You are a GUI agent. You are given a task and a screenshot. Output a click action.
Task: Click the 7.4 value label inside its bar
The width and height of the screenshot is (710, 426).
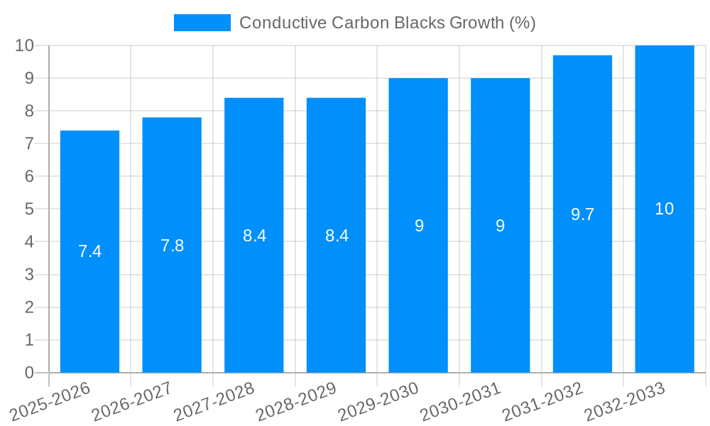pyautogui.click(x=89, y=251)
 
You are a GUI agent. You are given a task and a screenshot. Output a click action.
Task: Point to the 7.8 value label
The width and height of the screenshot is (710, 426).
pyautogui.click(x=172, y=246)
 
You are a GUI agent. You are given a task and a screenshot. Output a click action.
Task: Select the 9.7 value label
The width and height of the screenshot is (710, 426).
pyautogui.click(x=582, y=214)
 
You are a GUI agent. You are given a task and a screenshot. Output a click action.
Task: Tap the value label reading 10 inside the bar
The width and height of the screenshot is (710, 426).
pyautogui.click(x=664, y=209)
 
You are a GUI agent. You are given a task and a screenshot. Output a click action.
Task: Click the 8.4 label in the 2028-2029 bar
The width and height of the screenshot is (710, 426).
pyautogui.click(x=337, y=236)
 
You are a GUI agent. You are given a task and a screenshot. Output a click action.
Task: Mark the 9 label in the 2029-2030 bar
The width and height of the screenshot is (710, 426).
pyautogui.click(x=419, y=226)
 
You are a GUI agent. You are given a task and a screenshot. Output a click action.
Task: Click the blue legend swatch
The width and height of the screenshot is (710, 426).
pyautogui.click(x=202, y=23)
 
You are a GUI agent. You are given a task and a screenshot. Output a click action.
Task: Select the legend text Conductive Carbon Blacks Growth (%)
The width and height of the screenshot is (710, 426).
pyautogui.click(x=387, y=23)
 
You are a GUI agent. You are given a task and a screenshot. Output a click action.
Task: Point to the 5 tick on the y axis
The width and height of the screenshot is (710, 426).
pyautogui.click(x=29, y=209)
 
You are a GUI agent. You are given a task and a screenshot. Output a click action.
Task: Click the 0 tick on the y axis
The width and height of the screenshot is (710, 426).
pyautogui.click(x=29, y=373)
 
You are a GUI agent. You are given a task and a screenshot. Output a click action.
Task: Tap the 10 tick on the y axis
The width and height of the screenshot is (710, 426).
pyautogui.click(x=25, y=45)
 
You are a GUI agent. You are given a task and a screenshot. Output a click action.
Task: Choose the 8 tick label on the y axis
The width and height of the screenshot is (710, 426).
pyautogui.click(x=29, y=111)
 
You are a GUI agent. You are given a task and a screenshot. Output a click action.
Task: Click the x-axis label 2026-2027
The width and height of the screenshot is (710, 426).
pyautogui.click(x=131, y=401)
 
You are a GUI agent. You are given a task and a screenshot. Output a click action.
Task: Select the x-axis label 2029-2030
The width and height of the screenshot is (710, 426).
pyautogui.click(x=378, y=401)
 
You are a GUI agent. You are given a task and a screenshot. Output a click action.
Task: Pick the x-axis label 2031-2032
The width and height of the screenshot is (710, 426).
pyautogui.click(x=543, y=401)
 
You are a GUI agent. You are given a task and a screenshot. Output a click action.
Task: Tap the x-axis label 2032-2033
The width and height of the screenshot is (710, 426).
pyautogui.click(x=625, y=401)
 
